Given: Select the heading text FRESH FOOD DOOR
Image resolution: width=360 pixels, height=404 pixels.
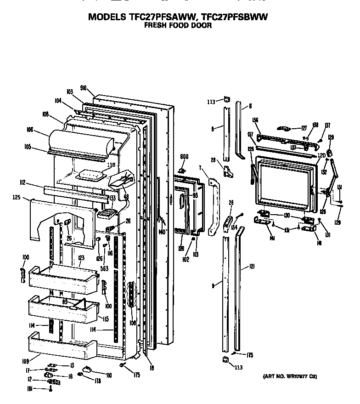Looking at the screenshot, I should (178, 26).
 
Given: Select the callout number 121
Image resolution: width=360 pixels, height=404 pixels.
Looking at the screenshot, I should (252, 267).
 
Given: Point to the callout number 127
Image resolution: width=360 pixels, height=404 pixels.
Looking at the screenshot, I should (304, 129).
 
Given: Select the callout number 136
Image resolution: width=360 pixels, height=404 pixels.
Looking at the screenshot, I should (256, 120).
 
